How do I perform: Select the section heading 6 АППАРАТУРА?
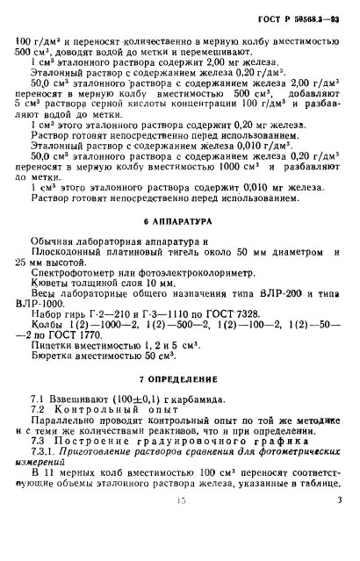click(x=181, y=223)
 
